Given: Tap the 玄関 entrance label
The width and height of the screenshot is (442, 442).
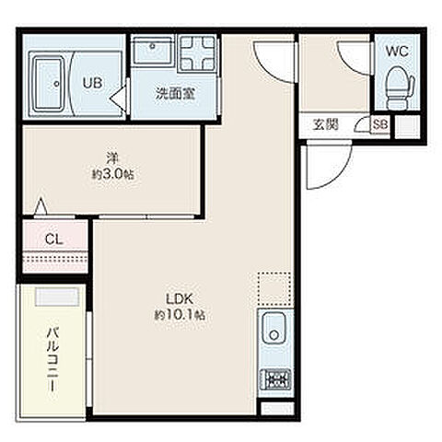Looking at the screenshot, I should click(324, 126).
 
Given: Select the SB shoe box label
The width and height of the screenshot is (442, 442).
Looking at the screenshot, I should click(379, 126).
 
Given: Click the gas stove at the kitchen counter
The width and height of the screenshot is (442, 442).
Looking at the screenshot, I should click(274, 378).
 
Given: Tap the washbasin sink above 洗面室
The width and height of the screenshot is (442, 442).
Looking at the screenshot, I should click(150, 52).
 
